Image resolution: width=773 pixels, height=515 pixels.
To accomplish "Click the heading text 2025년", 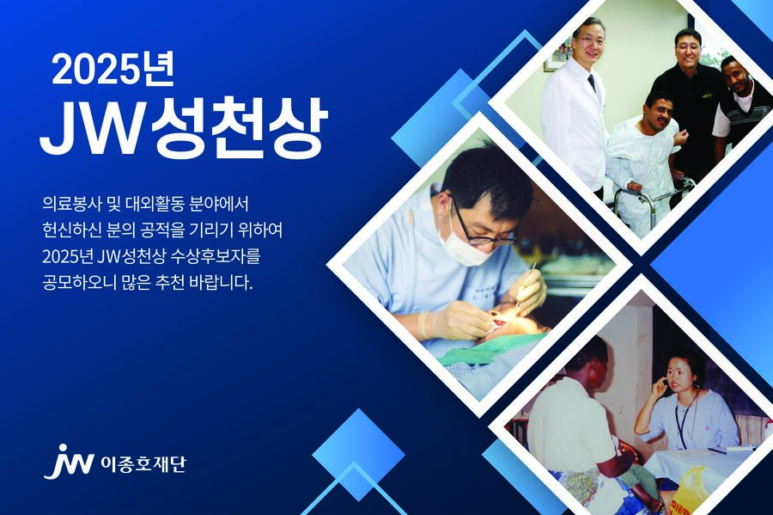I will point(113,71).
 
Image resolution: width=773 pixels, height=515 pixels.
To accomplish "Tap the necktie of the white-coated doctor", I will point(592,83).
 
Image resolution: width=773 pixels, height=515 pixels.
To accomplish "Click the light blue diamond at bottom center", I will point(357,455).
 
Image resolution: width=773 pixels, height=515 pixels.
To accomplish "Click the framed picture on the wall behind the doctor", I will point(559,55).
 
